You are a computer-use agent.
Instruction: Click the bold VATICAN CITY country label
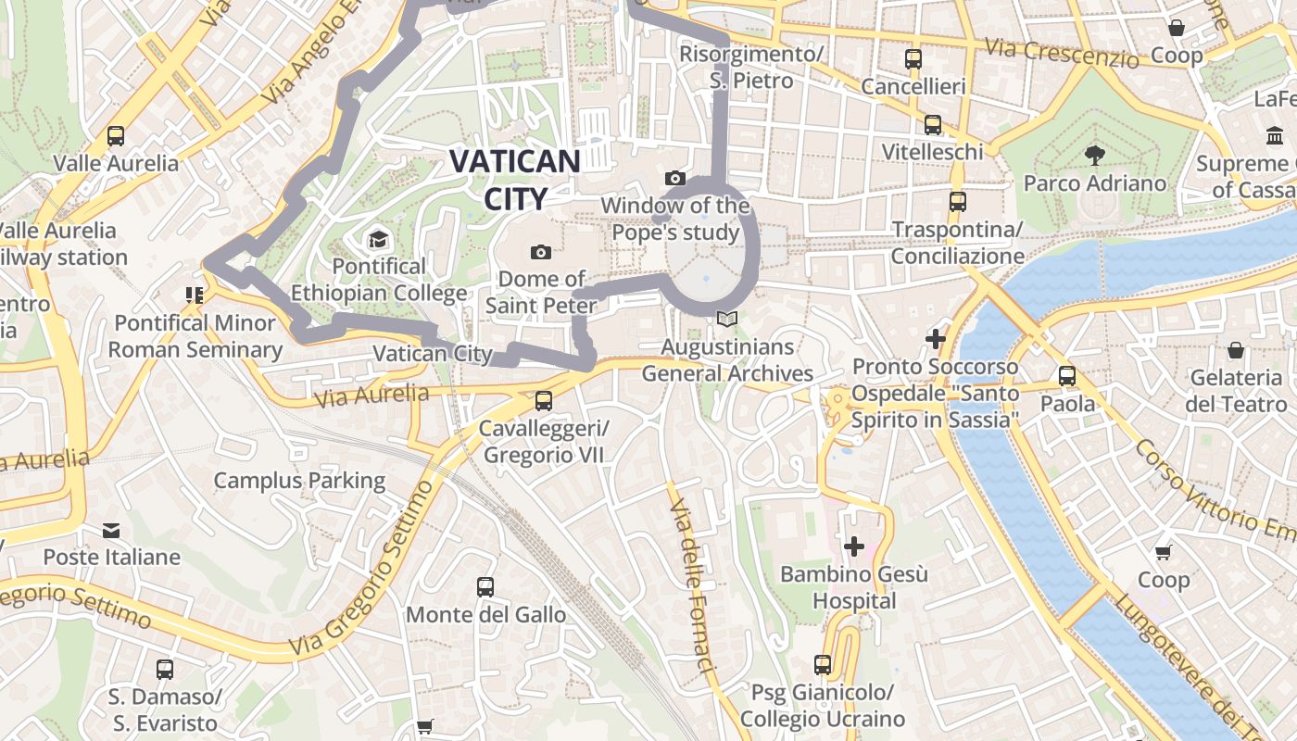[x=515, y=179]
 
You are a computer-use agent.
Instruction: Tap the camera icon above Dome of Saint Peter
[x=541, y=252]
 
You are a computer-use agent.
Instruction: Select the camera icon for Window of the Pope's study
[x=675, y=178]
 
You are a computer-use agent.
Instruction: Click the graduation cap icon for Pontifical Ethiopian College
[x=378, y=241]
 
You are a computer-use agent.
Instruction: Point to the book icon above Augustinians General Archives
[x=727, y=320]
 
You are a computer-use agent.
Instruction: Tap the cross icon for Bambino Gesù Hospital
[x=854, y=546]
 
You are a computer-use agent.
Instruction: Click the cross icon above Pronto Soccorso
[x=936, y=339]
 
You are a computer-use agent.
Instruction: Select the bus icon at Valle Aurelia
[x=116, y=136]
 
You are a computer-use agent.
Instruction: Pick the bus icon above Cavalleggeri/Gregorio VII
[x=544, y=401]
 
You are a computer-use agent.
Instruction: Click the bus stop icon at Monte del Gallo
[x=485, y=586]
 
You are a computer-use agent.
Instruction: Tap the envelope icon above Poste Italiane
[x=111, y=531]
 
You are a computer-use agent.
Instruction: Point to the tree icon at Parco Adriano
[x=1094, y=155]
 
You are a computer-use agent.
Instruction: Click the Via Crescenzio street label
[x=1062, y=52]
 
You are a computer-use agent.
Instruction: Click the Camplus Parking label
[x=299, y=480]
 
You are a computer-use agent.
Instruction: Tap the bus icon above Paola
[x=1067, y=376]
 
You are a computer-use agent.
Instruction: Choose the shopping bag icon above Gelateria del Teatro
[x=1235, y=350]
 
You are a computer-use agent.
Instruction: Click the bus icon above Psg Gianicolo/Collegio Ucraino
[x=822, y=664]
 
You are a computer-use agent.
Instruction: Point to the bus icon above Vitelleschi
[x=933, y=124]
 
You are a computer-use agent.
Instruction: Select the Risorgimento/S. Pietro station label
[x=751, y=67]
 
